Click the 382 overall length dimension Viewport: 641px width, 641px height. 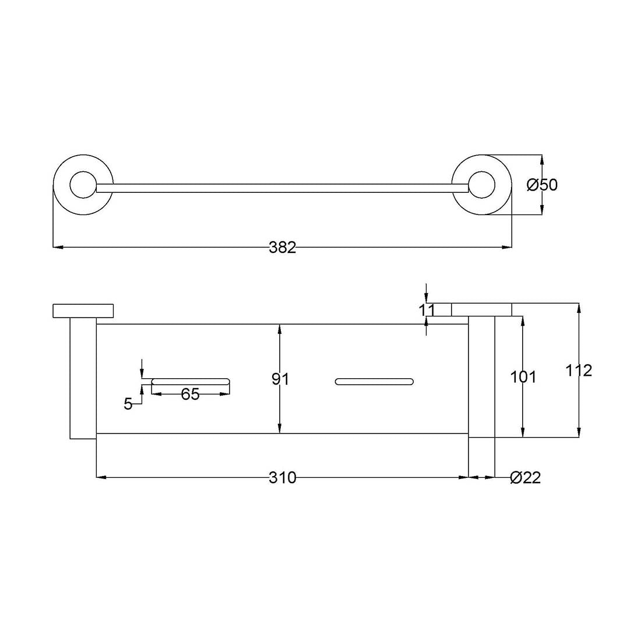(x=283, y=248)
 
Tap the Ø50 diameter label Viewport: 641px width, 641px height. (x=542, y=185)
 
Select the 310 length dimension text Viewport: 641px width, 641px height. (x=283, y=478)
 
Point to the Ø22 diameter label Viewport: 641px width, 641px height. (x=525, y=478)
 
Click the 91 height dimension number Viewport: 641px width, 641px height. (x=280, y=379)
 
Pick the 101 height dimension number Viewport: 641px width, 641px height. (x=523, y=377)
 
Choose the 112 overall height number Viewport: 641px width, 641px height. (x=579, y=370)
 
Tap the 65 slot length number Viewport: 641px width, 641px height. (x=190, y=395)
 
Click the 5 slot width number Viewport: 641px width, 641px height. (x=128, y=404)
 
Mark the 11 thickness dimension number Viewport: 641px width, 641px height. (x=427, y=310)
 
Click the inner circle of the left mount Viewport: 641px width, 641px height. (x=82, y=185)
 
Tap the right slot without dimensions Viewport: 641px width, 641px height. (x=374, y=382)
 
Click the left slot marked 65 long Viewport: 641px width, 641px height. (x=191, y=382)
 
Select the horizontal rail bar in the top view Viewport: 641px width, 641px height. (x=283, y=188)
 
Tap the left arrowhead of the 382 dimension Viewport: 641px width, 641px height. (x=57, y=248)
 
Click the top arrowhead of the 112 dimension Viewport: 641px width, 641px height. (x=579, y=307)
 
